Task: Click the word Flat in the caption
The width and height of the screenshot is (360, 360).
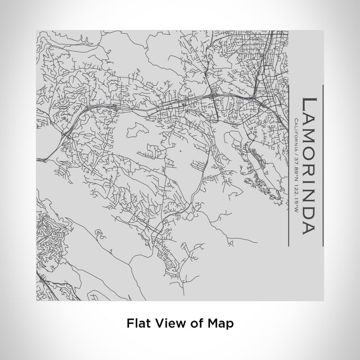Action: click(137, 323)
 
